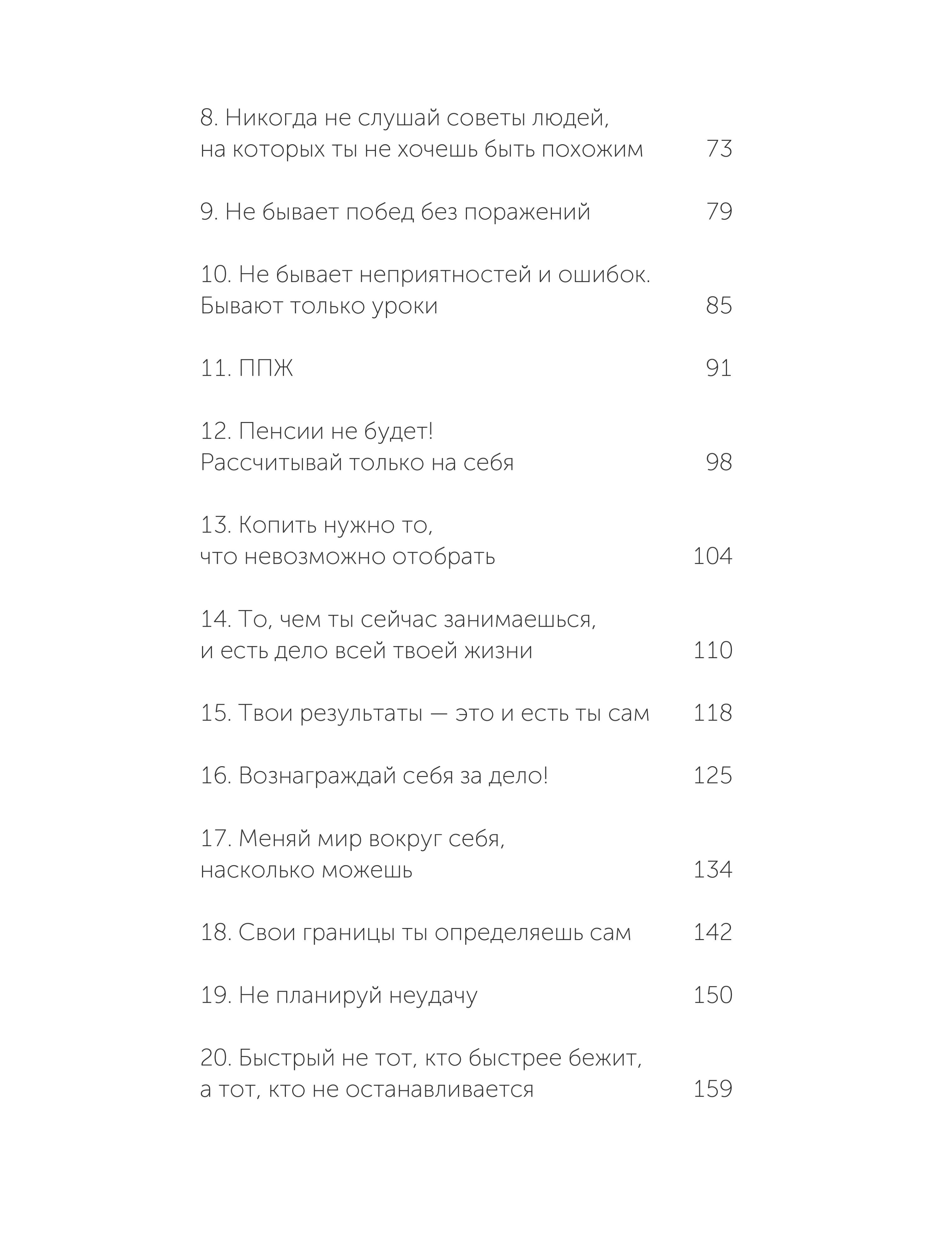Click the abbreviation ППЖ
266,369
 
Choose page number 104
713,556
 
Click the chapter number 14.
215,619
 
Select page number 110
713,651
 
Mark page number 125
713,776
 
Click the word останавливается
440,1090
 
